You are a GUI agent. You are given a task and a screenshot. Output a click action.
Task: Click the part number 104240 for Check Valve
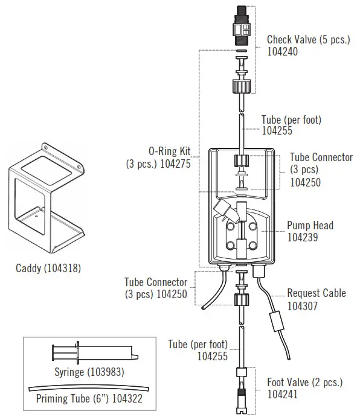(x=283, y=52)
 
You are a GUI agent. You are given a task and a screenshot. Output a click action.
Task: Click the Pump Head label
(x=310, y=226)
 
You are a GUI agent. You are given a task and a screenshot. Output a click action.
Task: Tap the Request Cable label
(x=317, y=293)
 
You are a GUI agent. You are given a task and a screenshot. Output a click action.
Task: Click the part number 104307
(x=303, y=305)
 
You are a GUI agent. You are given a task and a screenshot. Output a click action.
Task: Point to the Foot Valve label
(x=304, y=383)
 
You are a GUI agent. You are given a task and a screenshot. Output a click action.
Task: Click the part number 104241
(x=283, y=395)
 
